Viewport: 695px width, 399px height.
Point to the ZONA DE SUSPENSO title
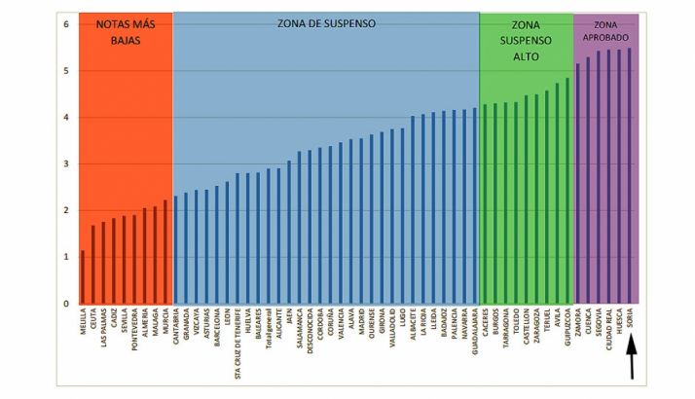point(326,23)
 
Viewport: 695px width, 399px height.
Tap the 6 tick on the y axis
point(66,23)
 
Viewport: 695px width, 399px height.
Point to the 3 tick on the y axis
point(66,163)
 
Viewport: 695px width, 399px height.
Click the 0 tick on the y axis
point(66,304)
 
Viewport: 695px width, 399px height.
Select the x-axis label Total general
point(268,331)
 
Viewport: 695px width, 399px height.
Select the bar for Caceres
point(485,204)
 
